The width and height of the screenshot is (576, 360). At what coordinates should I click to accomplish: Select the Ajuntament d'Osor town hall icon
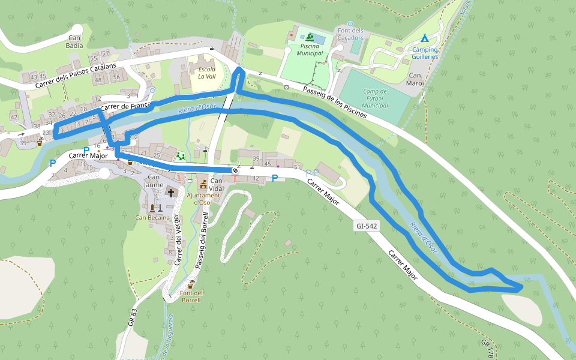click(203, 184)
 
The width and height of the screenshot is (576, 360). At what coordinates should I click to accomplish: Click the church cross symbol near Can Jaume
click(171, 193)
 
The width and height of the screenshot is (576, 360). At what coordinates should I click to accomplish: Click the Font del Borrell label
click(191, 296)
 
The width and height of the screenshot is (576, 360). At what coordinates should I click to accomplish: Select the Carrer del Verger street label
click(177, 240)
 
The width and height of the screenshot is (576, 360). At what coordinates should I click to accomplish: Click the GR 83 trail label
click(133, 317)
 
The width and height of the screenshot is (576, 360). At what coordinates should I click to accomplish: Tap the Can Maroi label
click(416, 79)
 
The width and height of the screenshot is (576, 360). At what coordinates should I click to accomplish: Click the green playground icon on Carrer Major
click(181, 157)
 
